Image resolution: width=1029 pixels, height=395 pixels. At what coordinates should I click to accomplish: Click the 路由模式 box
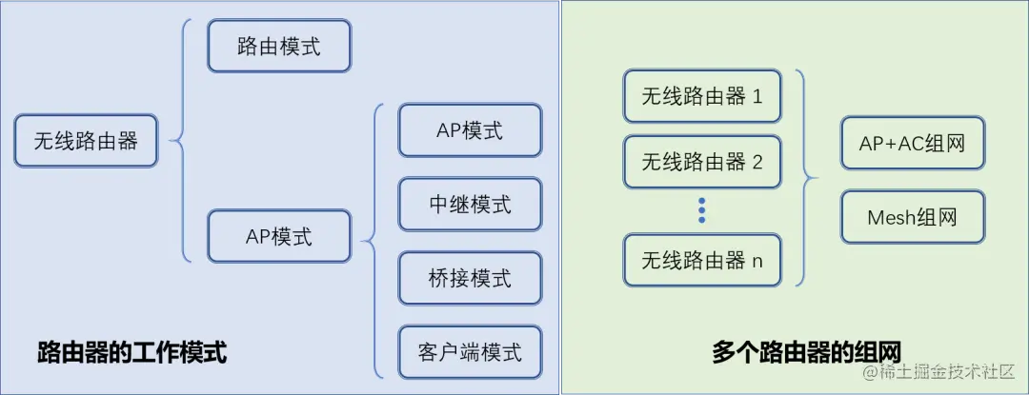coord(279,47)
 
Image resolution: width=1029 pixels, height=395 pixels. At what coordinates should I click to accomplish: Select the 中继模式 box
coord(470,204)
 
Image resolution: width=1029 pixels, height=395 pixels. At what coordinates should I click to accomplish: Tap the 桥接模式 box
coord(470,278)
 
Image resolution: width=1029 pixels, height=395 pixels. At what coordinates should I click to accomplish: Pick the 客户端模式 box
coord(470,352)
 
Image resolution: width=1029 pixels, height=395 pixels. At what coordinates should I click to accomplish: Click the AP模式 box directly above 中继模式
coord(470,130)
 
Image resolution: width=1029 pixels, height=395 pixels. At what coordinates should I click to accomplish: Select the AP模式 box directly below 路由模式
coord(279,236)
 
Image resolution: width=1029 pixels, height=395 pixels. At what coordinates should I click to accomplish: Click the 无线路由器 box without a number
coord(86,141)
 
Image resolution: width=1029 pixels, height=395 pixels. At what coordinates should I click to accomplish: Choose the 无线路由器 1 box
coord(702,95)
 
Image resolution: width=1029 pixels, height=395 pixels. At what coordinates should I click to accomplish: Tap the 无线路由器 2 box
coord(702,162)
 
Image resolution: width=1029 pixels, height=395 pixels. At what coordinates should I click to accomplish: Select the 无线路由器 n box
coord(702,260)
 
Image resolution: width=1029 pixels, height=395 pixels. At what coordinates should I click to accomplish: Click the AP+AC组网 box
coord(912,144)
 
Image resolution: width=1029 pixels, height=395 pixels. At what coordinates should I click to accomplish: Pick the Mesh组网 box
coord(912,218)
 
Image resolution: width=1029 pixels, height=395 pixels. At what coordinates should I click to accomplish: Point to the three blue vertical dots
coord(702,210)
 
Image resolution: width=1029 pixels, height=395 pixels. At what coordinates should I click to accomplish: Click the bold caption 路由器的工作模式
coord(131,353)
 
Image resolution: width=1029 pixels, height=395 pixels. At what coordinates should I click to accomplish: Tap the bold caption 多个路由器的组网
coord(806,351)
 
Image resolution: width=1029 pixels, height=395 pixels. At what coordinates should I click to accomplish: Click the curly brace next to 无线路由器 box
coord(180,141)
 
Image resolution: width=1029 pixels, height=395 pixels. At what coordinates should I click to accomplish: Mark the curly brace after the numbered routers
coord(806,176)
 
